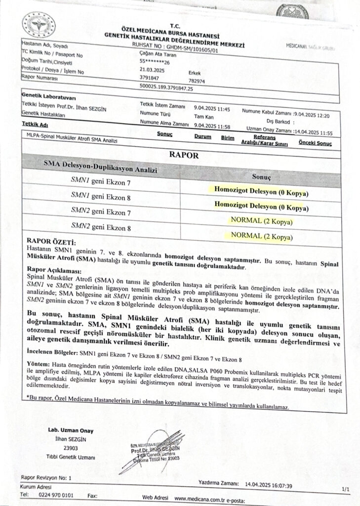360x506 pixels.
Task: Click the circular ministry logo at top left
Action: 39,25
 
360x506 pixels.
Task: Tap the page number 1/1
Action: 344,489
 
